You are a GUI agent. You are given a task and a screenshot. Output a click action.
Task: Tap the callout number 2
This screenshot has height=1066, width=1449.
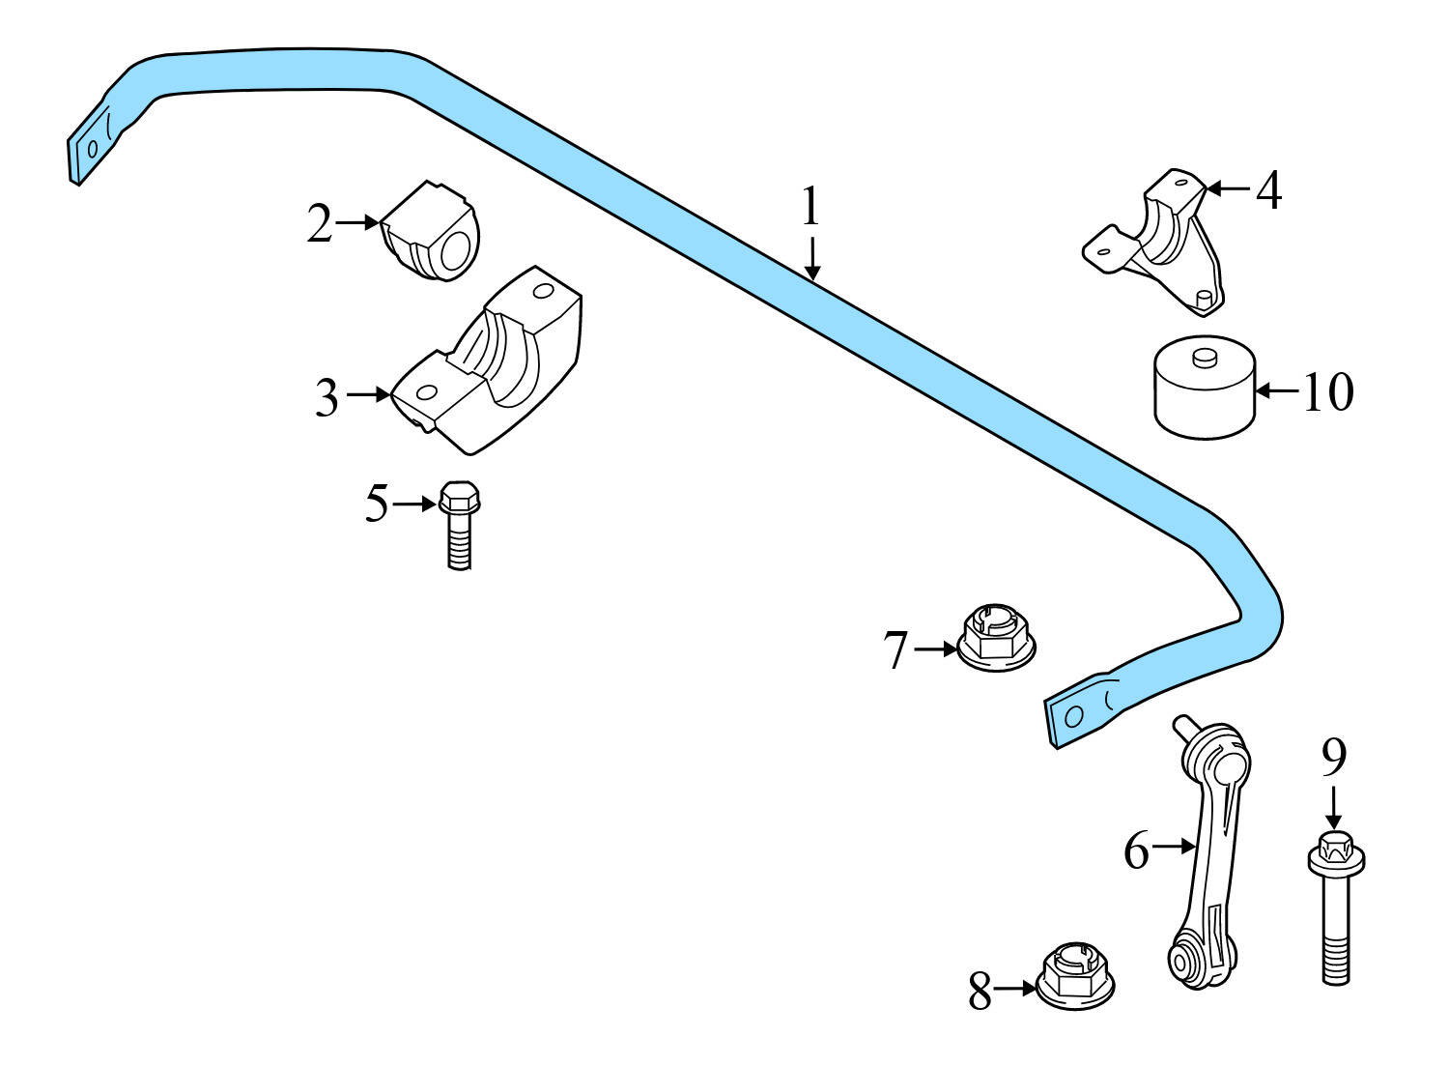[x=320, y=223]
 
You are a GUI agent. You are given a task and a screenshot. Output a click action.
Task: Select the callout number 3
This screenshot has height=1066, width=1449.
[x=327, y=397]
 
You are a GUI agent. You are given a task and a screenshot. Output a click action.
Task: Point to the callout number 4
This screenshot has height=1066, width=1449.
[x=1268, y=189]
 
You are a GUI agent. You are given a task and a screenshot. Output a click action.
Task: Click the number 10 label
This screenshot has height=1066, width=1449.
[x=1328, y=392]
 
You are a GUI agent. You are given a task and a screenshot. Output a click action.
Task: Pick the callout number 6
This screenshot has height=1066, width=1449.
[x=1136, y=850]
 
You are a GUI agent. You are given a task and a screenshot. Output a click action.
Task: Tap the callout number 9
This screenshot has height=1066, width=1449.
[x=1333, y=758]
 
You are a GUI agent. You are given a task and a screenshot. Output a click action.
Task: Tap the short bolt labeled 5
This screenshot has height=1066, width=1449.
[x=459, y=525]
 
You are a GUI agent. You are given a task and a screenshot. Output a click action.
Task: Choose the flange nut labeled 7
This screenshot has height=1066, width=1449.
[x=996, y=639]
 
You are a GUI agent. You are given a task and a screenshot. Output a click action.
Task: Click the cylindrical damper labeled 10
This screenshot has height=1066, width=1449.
[x=1204, y=389]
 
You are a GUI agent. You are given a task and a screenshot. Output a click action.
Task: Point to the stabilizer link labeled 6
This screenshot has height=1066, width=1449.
[x=1208, y=850]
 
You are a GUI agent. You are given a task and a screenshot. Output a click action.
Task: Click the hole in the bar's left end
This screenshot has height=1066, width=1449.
[x=93, y=149]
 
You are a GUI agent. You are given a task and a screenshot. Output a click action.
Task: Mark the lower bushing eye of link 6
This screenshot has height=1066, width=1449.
[x=1179, y=962]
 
